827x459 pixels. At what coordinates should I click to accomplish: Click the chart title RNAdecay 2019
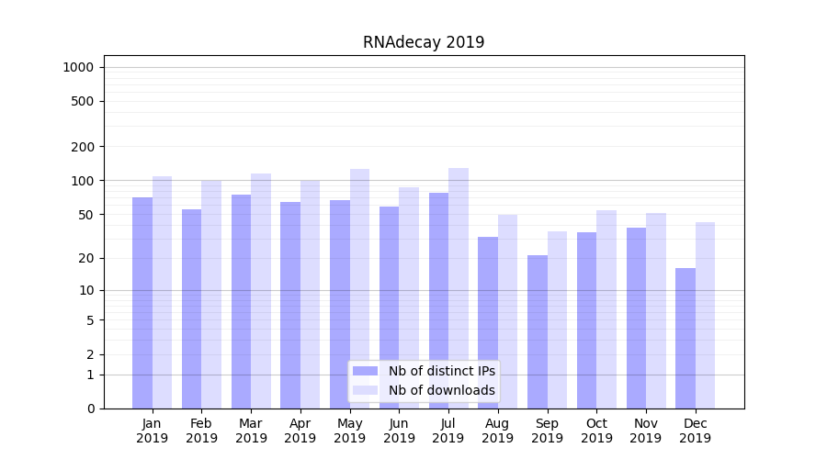[x=423, y=42]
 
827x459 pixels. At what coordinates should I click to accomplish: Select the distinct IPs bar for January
[x=142, y=303]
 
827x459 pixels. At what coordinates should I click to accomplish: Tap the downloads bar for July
[x=459, y=288]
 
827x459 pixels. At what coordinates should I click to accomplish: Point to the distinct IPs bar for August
[x=488, y=322]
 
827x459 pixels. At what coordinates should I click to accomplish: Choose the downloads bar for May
[x=359, y=288]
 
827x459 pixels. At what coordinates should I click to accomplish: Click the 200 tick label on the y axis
[x=82, y=147]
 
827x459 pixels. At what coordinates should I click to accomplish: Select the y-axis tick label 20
[x=85, y=258]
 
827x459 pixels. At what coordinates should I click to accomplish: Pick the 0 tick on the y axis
[x=90, y=409]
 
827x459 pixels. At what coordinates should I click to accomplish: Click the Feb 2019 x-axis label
[x=201, y=431]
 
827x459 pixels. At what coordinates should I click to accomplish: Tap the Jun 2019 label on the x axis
[x=399, y=431]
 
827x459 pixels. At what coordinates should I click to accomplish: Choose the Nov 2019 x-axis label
[x=646, y=431]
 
